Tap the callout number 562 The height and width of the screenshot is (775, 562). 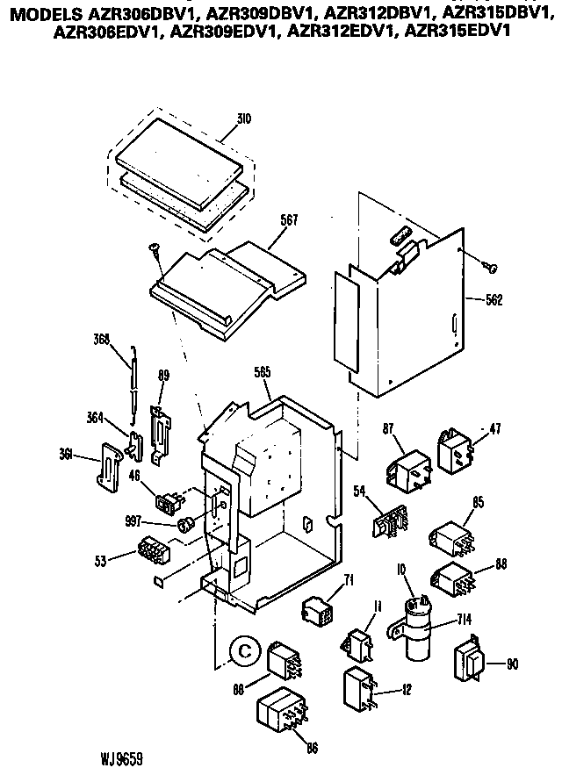494,299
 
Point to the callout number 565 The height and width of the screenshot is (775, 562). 260,372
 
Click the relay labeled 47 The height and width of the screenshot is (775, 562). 454,453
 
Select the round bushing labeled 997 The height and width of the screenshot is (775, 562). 186,525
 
